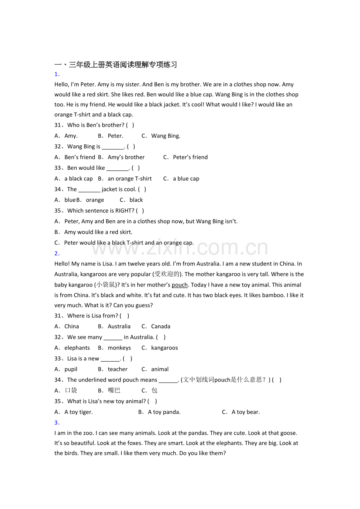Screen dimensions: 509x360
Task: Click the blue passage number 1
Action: click(x=57, y=74)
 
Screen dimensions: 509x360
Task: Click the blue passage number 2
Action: click(x=57, y=253)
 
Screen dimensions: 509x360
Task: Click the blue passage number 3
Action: click(x=57, y=423)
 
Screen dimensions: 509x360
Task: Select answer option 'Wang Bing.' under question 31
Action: click(x=166, y=136)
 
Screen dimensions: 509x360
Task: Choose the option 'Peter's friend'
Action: click(x=190, y=157)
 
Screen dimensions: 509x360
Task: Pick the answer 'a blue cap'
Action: click(x=186, y=179)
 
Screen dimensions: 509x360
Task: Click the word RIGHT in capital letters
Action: click(x=125, y=211)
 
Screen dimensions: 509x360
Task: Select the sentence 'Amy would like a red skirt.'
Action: click(x=98, y=232)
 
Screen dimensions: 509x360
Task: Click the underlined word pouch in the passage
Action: click(x=180, y=285)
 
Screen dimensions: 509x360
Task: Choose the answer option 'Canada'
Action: click(x=160, y=326)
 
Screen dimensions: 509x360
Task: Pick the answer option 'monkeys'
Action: click(x=119, y=348)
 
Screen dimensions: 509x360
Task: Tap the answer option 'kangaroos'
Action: click(x=164, y=348)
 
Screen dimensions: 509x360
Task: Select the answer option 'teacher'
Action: click(x=117, y=369)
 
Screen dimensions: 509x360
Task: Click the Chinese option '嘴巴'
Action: click(x=114, y=391)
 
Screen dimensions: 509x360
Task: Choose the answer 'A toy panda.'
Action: click(x=164, y=412)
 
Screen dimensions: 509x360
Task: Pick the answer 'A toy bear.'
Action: click(x=245, y=412)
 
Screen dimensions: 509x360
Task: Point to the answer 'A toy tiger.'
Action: click(x=78, y=412)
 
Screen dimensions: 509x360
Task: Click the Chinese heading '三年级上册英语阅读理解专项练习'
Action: click(x=123, y=65)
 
